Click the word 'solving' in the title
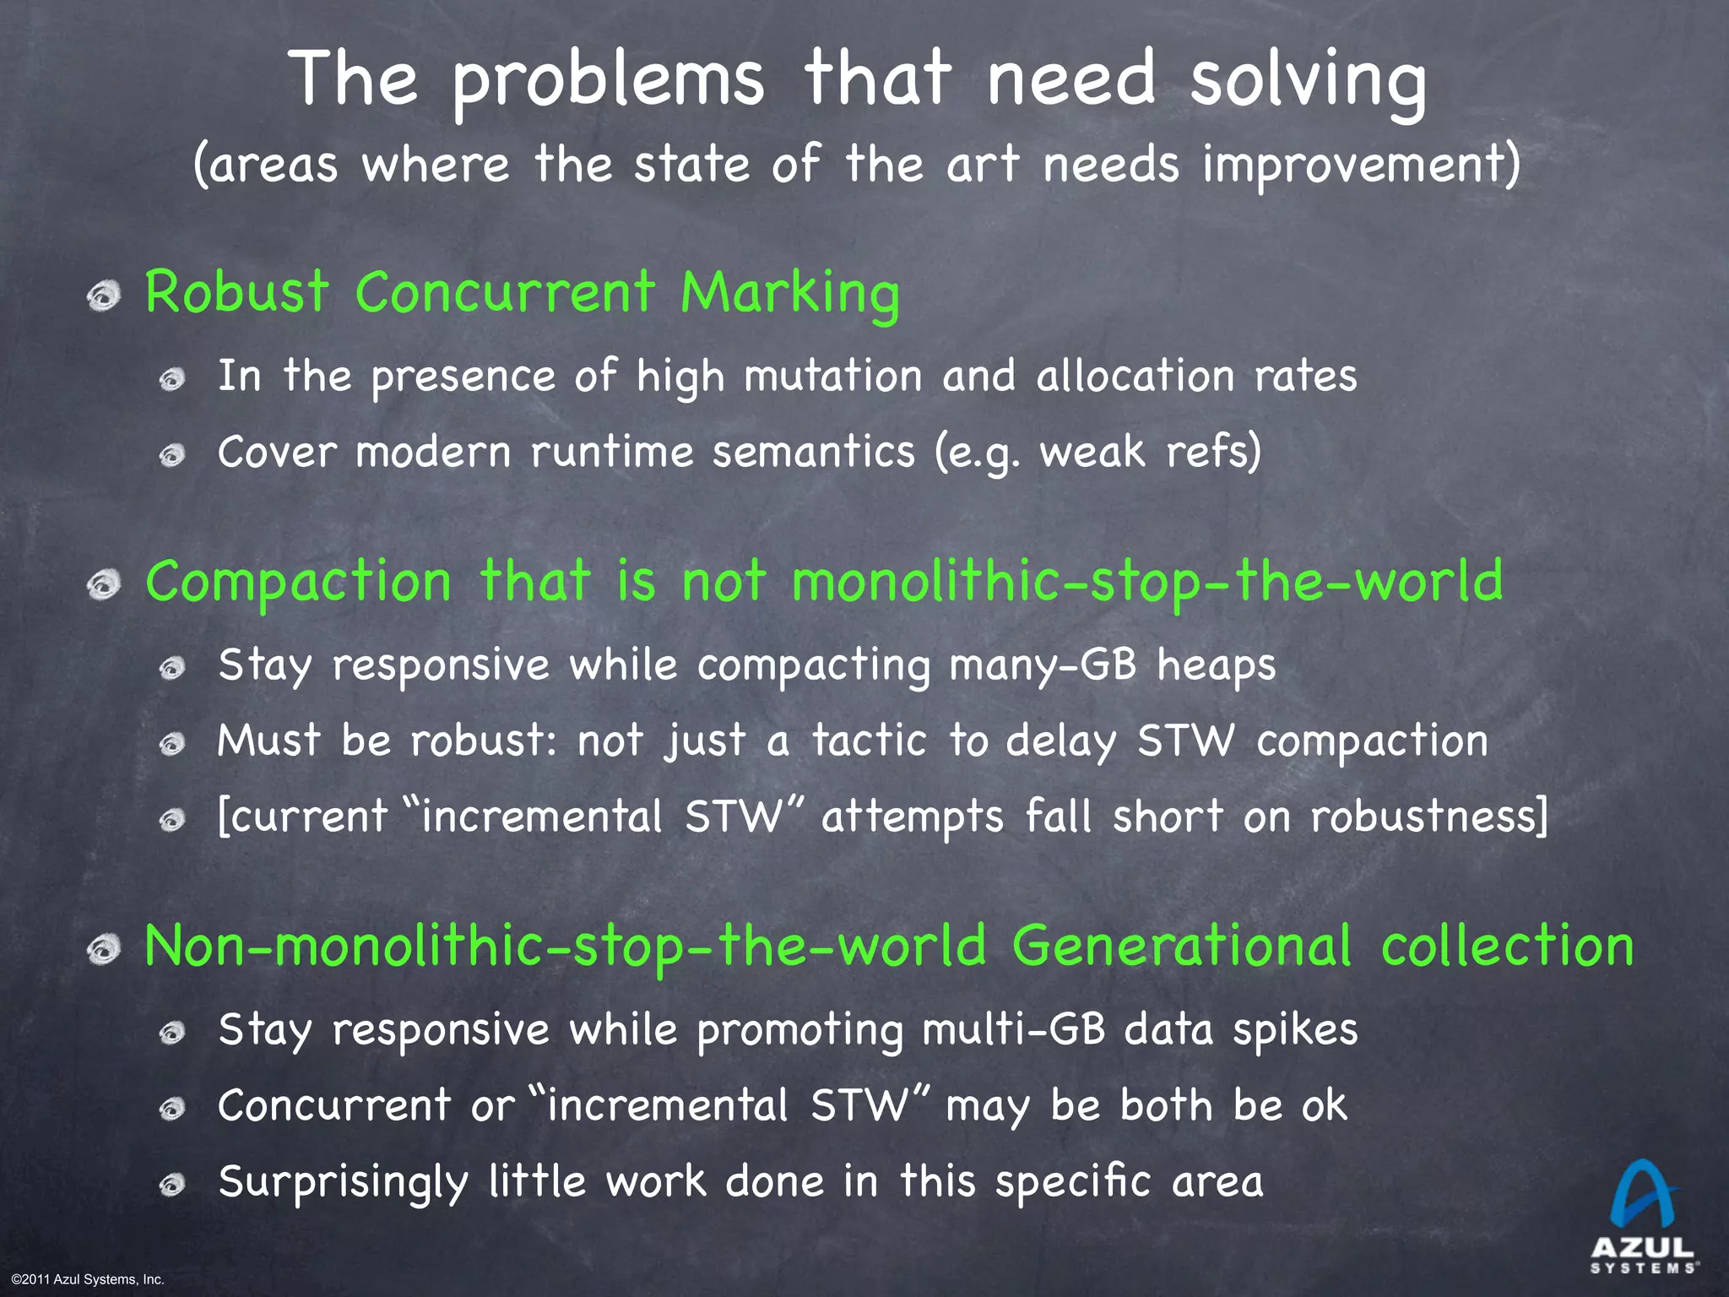(1308, 80)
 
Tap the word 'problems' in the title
(608, 80)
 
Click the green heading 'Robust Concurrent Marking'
(522, 293)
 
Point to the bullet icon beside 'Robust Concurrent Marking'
(105, 296)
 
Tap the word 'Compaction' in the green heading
(299, 582)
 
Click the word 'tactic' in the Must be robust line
(870, 741)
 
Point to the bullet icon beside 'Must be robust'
(172, 744)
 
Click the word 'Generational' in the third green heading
(1182, 946)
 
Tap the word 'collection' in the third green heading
(1508, 946)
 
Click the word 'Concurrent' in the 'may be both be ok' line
(334, 1105)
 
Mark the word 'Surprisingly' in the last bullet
(343, 1181)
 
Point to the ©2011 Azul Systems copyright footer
(88, 1279)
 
